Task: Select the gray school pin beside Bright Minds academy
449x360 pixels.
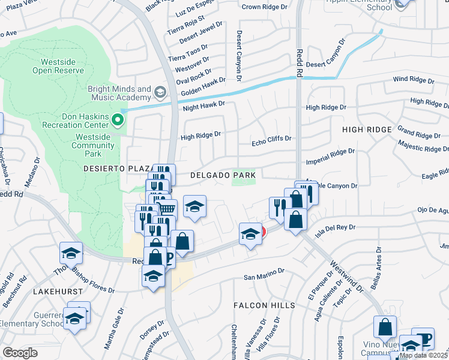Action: (x=160, y=92)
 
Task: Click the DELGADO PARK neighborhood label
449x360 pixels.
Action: (x=223, y=175)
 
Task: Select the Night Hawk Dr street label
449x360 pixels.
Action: (x=203, y=104)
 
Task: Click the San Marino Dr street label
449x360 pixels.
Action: (x=264, y=274)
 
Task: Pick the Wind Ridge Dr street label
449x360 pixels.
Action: (x=413, y=80)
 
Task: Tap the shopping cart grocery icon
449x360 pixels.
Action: (x=167, y=209)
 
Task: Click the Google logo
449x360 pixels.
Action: (x=20, y=353)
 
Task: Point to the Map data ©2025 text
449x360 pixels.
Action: (x=423, y=355)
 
